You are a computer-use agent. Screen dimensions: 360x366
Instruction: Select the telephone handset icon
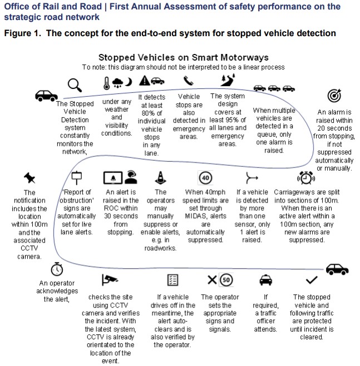point(189,81)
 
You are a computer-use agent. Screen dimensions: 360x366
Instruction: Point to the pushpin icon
point(29,177)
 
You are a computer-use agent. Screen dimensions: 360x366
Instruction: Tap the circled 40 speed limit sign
point(205,177)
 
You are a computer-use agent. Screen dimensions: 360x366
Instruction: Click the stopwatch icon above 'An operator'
point(57,269)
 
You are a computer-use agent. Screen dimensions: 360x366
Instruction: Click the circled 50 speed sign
point(226,279)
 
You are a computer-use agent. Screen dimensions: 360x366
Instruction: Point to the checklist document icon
point(172,279)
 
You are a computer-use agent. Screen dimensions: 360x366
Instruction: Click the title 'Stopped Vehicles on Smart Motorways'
point(184,57)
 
